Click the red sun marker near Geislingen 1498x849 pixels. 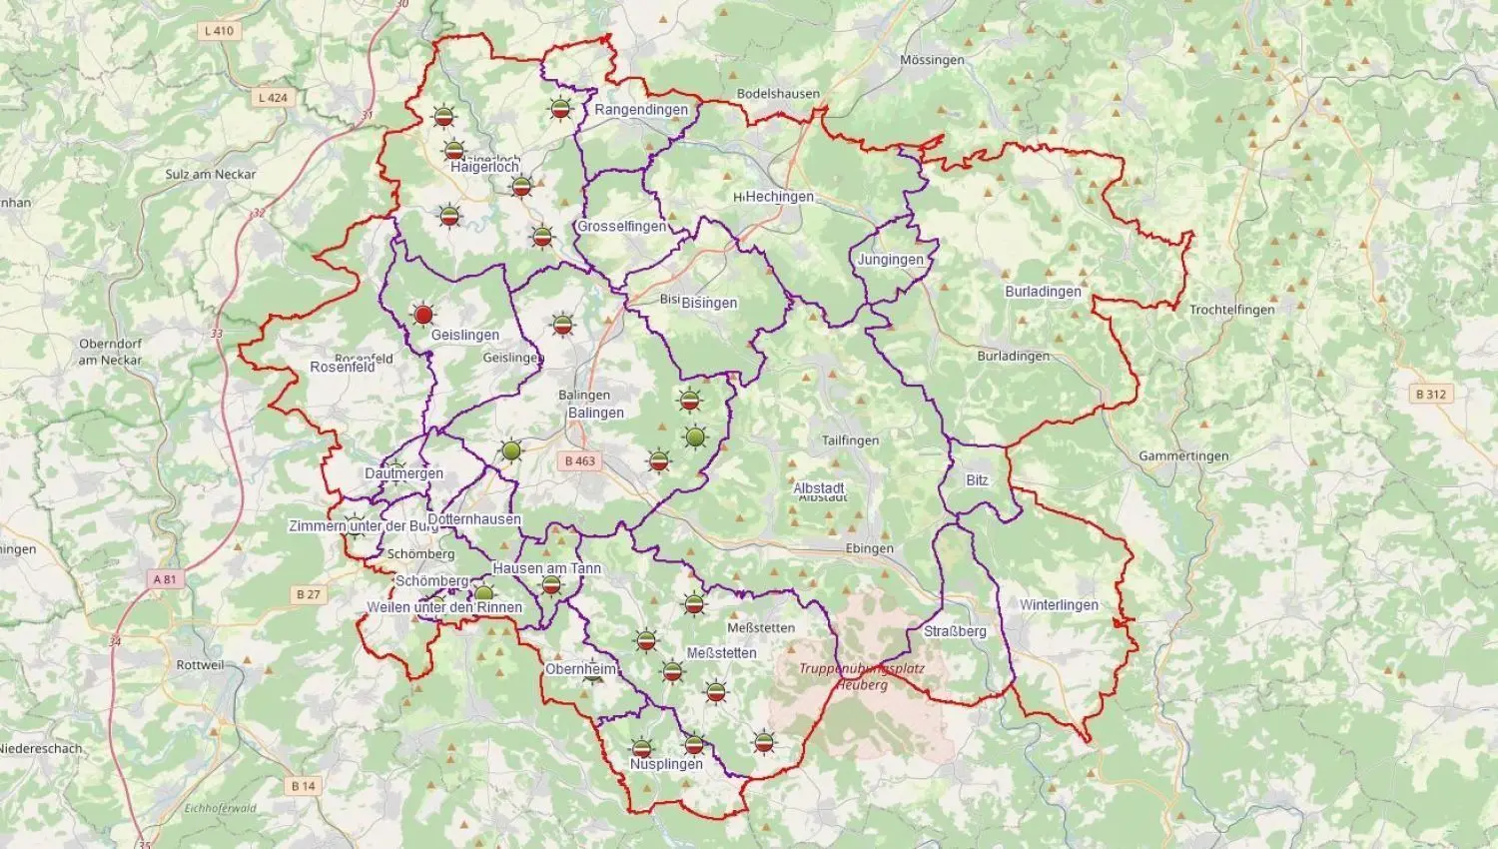click(x=423, y=316)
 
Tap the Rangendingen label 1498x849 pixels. click(x=641, y=110)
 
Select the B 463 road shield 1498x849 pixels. click(x=579, y=460)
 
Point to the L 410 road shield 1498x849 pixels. click(x=219, y=31)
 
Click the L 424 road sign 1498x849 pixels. click(x=273, y=98)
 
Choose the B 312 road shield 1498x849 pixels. click(x=1430, y=395)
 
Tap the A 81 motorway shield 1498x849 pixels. click(x=165, y=579)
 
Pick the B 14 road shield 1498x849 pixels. click(x=304, y=786)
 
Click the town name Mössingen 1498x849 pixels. click(x=932, y=60)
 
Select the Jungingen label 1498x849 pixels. click(x=890, y=260)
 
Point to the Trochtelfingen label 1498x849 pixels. click(x=1231, y=310)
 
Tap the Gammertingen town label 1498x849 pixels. click(x=1183, y=456)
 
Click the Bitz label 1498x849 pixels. click(x=977, y=480)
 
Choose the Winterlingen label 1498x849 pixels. click(x=1059, y=605)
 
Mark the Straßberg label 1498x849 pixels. click(x=955, y=631)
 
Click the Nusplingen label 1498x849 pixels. click(x=666, y=764)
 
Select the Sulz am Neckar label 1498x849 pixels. click(x=211, y=174)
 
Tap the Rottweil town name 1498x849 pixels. click(x=200, y=665)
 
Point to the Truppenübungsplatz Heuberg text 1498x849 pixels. click(x=862, y=676)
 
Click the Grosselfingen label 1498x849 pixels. click(x=621, y=227)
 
